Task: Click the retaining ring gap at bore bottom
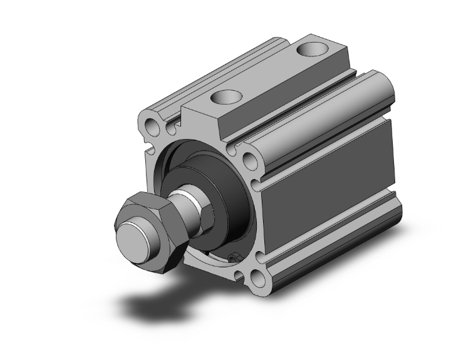click(234, 257)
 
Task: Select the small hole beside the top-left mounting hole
click(170, 129)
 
